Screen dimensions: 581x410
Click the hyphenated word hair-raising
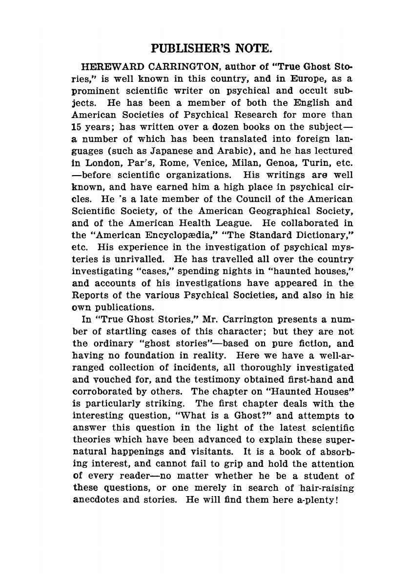[326, 487]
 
